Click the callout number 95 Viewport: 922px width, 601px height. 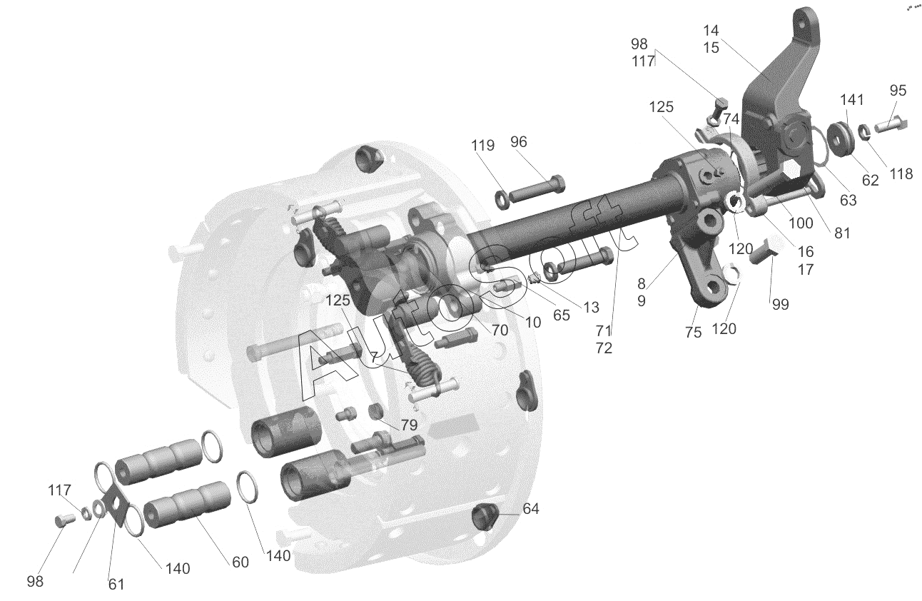[x=898, y=90]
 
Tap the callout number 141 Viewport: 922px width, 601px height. [x=851, y=99]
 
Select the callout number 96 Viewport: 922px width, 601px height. [x=519, y=141]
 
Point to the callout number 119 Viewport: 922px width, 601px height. [x=483, y=145]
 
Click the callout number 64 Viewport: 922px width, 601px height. [x=531, y=509]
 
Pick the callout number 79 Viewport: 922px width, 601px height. [x=409, y=425]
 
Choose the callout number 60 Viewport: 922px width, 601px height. [x=240, y=562]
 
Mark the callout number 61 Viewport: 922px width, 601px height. [x=116, y=584]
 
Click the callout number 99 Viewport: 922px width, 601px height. [x=781, y=304]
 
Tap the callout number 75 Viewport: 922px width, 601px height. [x=693, y=332]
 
